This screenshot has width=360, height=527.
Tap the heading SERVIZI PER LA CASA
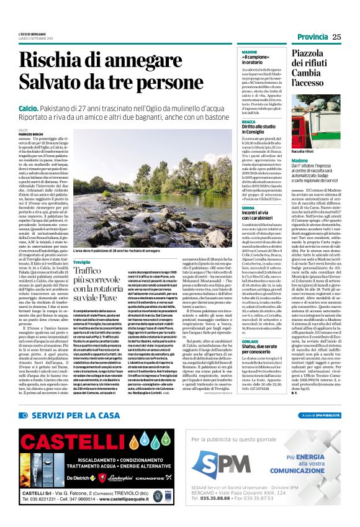pos(74,415)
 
